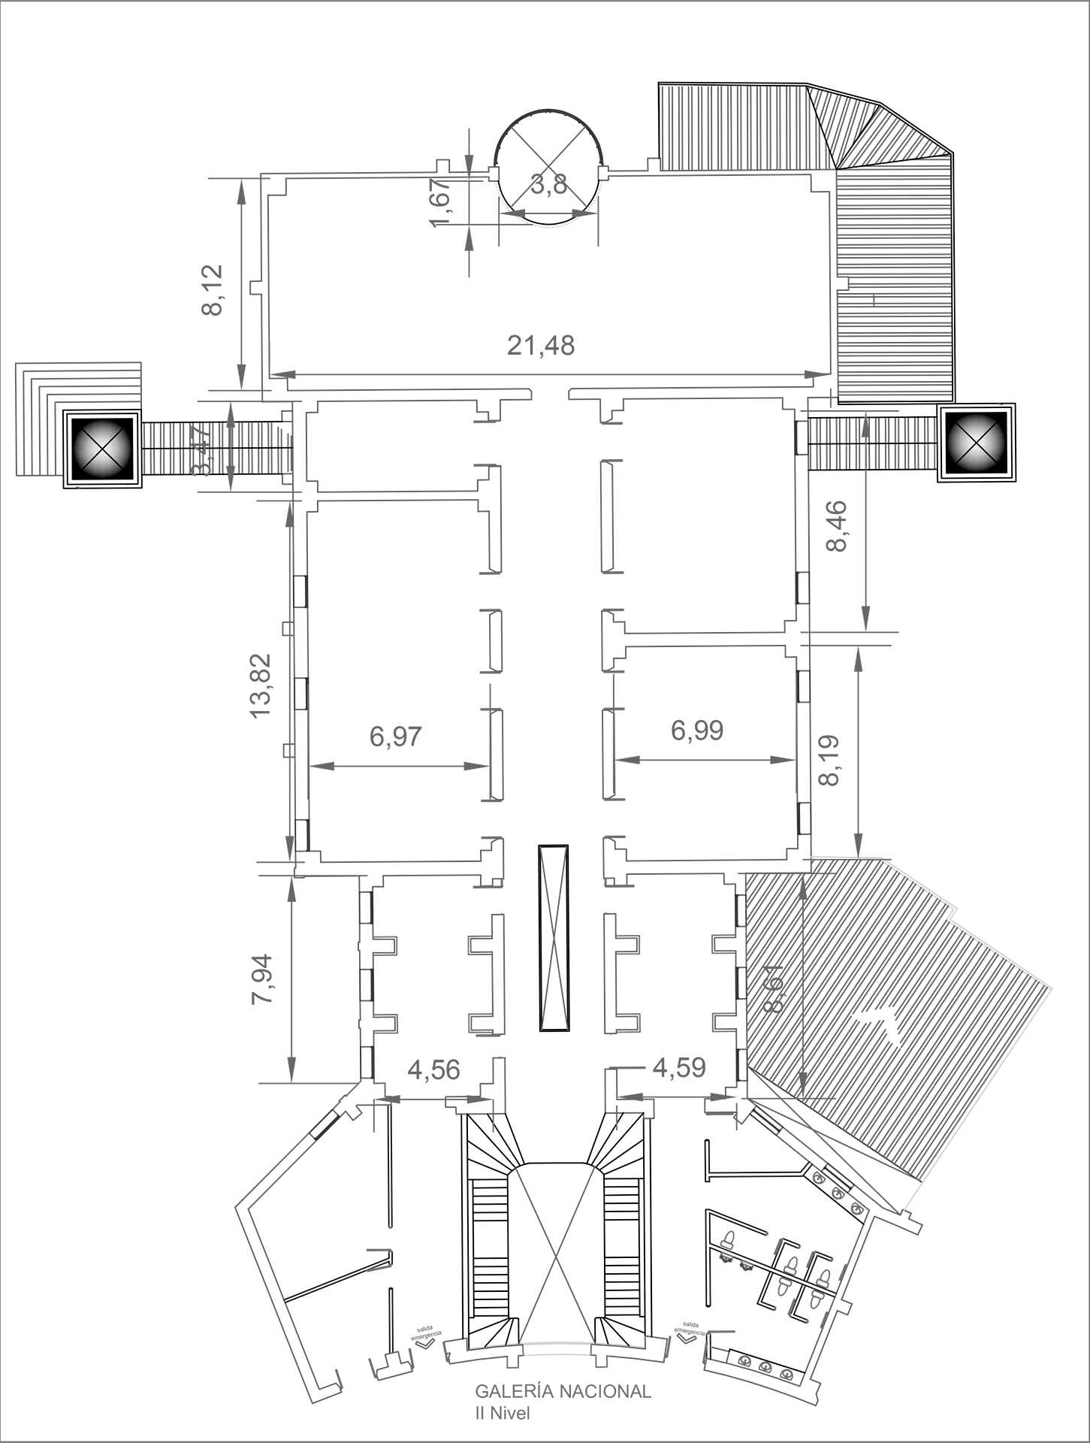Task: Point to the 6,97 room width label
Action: [395, 737]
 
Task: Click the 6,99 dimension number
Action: [697, 730]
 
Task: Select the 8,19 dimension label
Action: [829, 759]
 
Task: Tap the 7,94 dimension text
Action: [264, 979]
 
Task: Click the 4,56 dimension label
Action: [433, 1069]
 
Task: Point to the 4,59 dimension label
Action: [679, 1067]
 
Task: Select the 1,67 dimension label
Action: [439, 200]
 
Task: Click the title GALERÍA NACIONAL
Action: [563, 1391]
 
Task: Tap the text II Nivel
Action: [503, 1414]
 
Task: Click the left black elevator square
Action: [101, 449]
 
